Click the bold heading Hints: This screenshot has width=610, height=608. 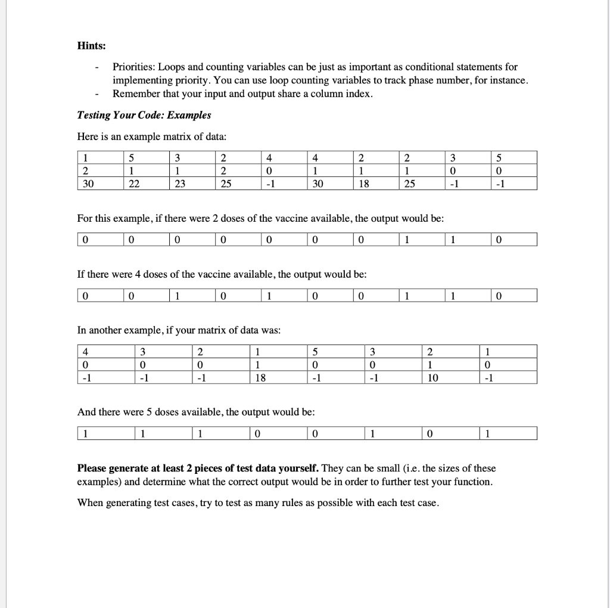coord(91,45)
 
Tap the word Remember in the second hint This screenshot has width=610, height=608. coord(134,94)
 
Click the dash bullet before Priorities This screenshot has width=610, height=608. coord(97,67)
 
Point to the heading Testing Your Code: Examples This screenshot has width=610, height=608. coord(144,115)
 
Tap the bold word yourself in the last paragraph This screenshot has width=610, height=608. coord(301,469)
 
